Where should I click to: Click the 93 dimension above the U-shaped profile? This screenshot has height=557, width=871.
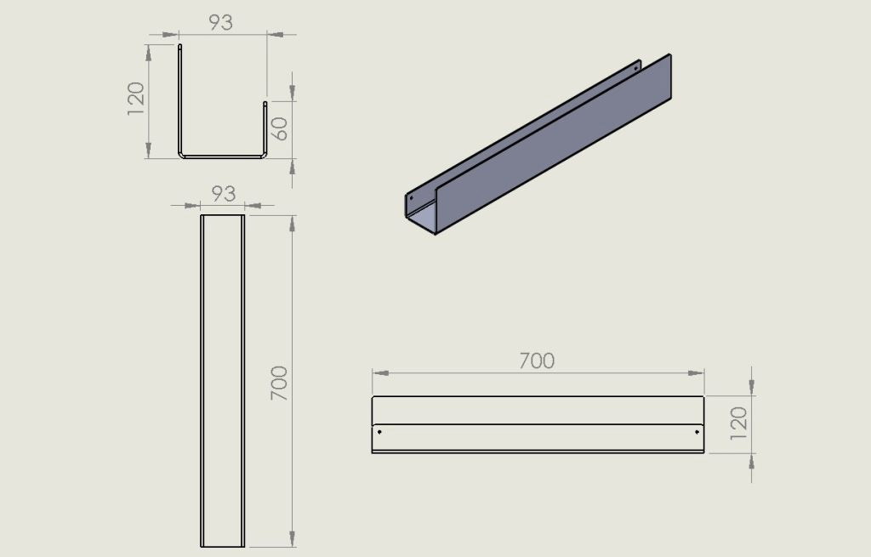220,22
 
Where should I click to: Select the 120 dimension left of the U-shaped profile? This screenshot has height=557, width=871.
136,99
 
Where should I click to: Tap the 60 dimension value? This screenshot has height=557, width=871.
279,129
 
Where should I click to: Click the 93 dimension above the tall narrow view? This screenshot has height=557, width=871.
224,193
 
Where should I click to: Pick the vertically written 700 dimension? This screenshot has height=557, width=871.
279,384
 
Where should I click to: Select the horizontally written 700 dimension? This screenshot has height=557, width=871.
537,361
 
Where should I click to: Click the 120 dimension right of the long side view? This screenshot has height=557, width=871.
739,423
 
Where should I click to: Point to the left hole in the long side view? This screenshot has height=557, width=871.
379,431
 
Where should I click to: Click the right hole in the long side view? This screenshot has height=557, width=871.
697,431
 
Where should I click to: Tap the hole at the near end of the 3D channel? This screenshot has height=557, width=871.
412,196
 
